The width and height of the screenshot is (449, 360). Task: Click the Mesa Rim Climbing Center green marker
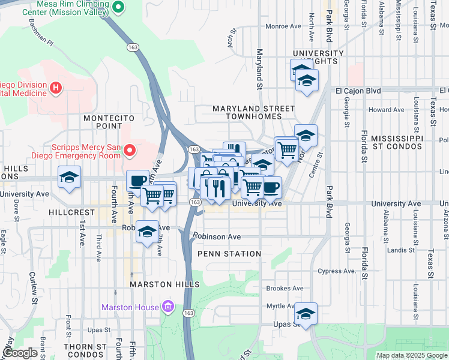[x=118, y=7]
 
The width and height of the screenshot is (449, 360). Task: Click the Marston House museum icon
[x=168, y=308]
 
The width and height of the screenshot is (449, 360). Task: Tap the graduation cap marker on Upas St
[x=306, y=313]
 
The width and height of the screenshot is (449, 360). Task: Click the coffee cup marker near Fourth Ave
[x=137, y=181]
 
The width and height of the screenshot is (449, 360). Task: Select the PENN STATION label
[x=229, y=254]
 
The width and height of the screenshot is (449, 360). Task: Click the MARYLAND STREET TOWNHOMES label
[x=254, y=113]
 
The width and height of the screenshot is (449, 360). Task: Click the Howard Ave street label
[x=386, y=110]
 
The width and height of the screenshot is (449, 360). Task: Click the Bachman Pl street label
[x=41, y=35]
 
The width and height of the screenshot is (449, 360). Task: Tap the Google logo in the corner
[x=20, y=353]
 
